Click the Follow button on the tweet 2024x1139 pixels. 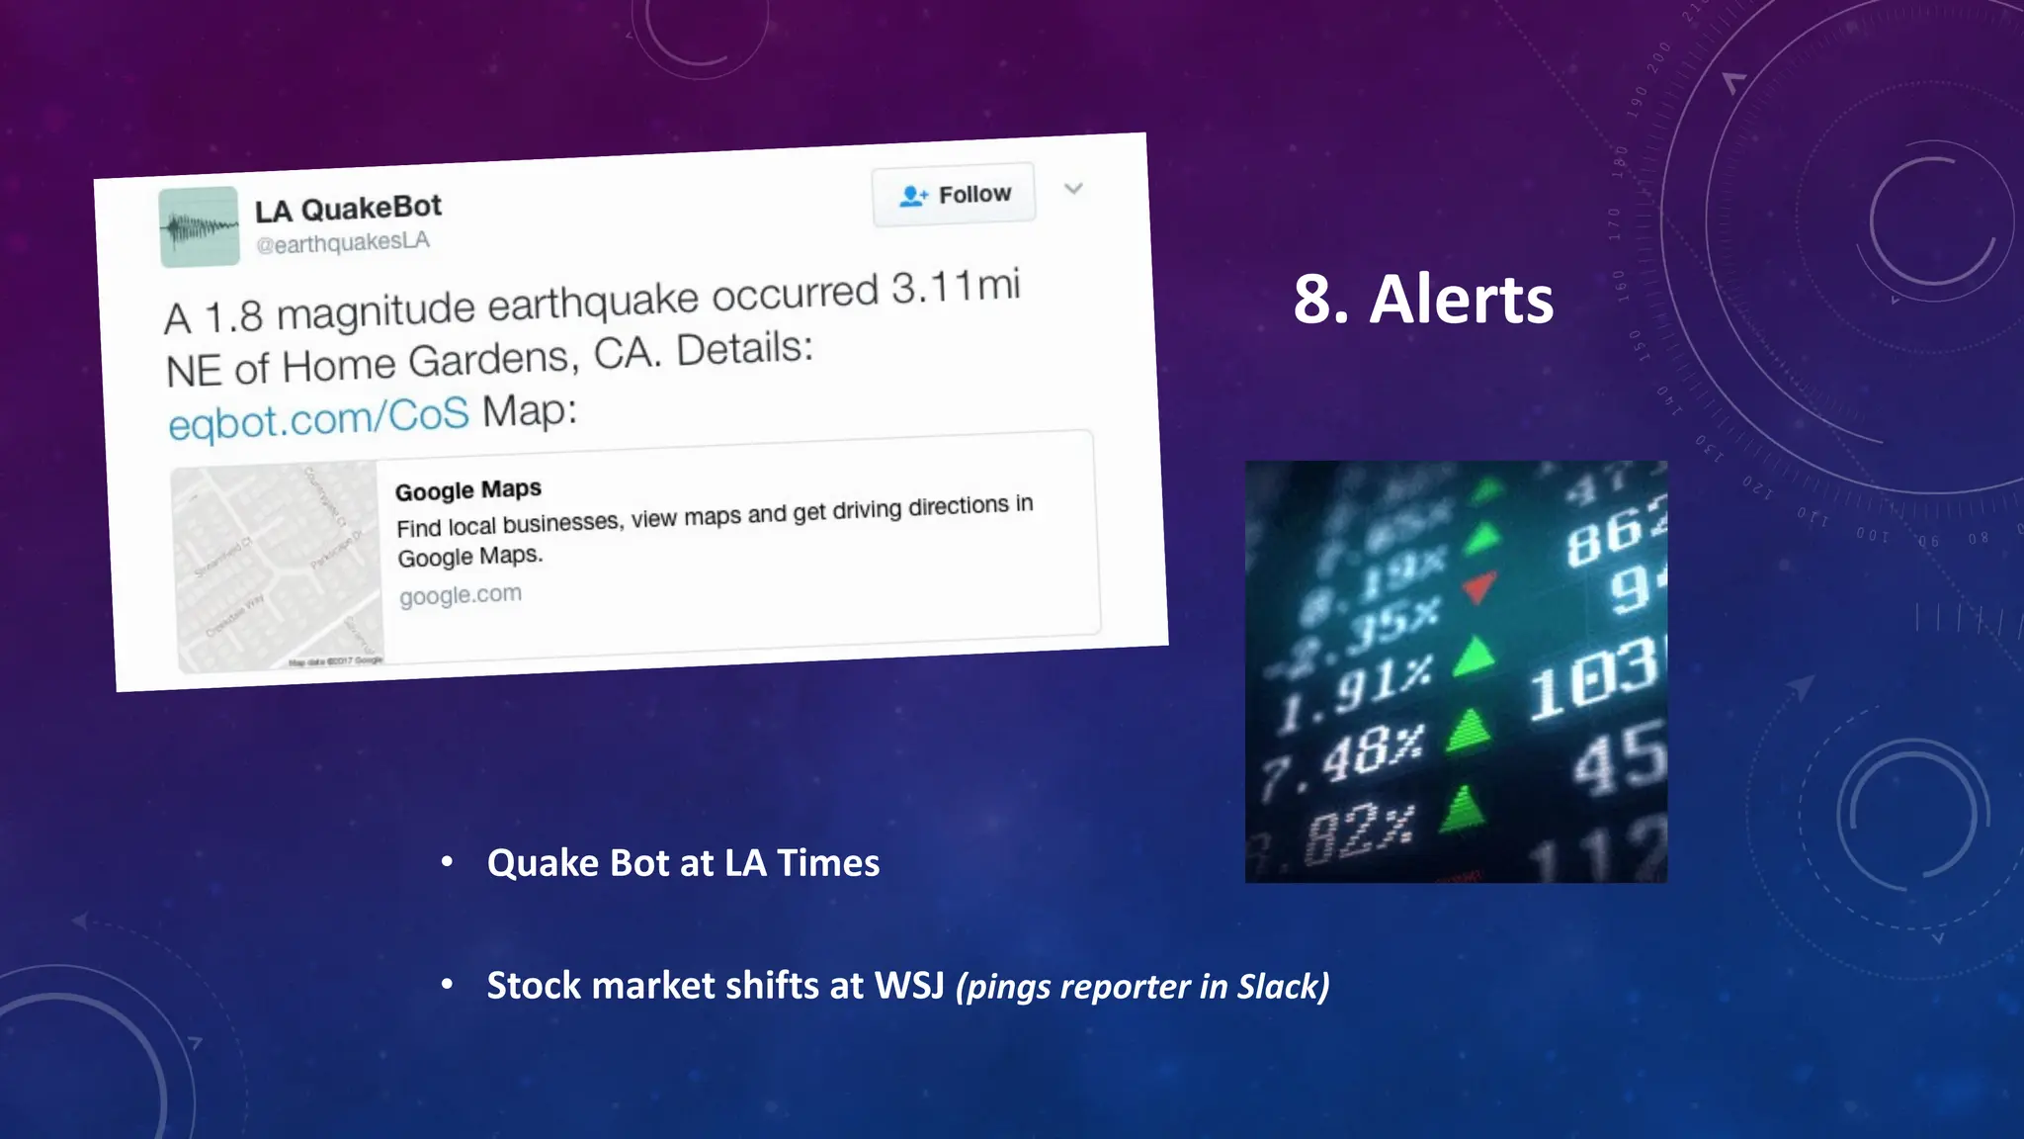(x=954, y=195)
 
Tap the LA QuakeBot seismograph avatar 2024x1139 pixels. (x=199, y=227)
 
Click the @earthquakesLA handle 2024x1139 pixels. (x=342, y=242)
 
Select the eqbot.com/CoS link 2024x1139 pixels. (x=318, y=418)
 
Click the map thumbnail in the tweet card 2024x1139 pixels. (x=278, y=566)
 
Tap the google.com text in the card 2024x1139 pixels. (x=460, y=595)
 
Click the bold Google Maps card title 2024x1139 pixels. (x=468, y=490)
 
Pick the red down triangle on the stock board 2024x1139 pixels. (x=1478, y=585)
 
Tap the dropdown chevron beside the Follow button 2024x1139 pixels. (x=1073, y=188)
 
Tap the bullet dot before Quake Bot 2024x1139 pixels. (x=447, y=863)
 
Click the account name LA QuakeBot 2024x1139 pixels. (x=348, y=209)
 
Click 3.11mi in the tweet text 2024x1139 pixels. (x=955, y=287)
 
